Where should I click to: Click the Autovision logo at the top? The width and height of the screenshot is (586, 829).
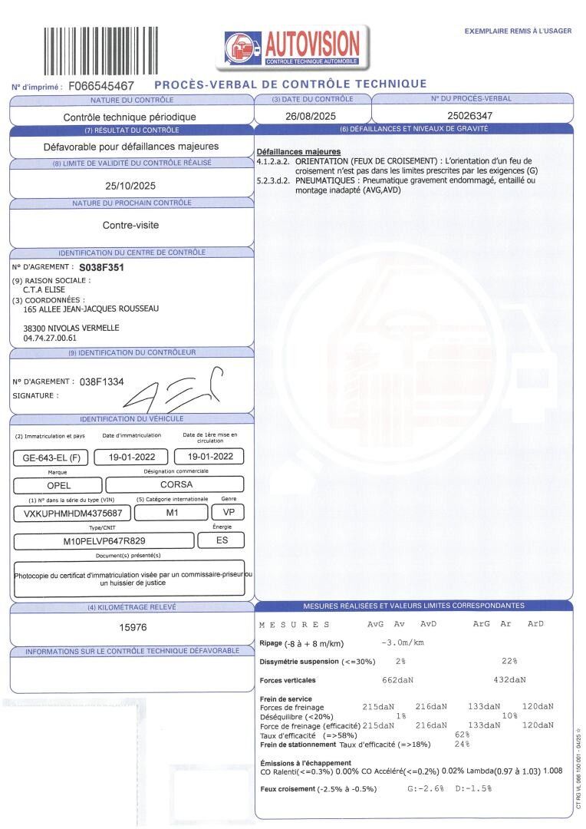tap(296, 46)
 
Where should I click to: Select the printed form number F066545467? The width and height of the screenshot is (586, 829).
tap(101, 86)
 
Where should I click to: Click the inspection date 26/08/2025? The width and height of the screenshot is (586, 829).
tap(311, 116)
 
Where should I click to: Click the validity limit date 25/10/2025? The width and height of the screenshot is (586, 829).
tap(130, 185)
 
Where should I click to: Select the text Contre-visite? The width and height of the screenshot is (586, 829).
tap(130, 226)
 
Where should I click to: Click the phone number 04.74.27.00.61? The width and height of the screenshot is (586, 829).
tap(50, 337)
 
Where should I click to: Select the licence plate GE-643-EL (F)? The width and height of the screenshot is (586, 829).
tap(51, 457)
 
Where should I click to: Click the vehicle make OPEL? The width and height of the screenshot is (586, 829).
tap(51, 485)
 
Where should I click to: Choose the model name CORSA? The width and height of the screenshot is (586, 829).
tap(176, 485)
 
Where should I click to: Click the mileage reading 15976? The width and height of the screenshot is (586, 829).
tap(132, 627)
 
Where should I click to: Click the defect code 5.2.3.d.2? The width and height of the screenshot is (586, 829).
tap(274, 180)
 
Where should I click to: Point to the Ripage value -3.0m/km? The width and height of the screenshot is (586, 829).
tap(402, 642)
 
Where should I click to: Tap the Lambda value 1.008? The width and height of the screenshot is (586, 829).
tap(556, 771)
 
